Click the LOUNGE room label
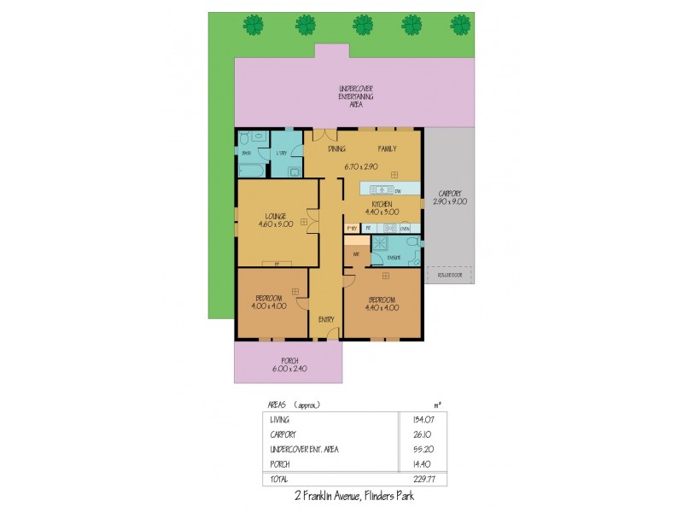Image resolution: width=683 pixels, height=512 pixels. coord(275,216)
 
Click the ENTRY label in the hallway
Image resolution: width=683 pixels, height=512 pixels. coord(326,319)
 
